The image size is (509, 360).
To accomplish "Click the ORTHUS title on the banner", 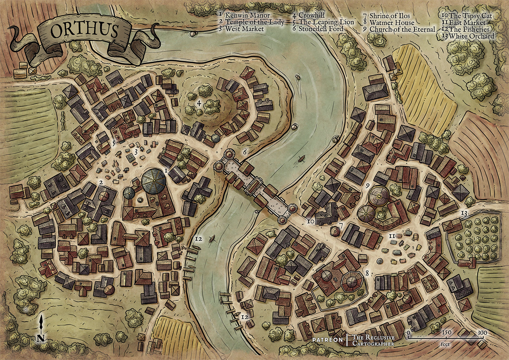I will coord(84,31).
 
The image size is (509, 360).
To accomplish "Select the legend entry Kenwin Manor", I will coord(247,15).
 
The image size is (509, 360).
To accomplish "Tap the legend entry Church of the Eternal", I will coord(402,30).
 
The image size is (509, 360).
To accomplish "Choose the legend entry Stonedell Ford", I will coord(321,29).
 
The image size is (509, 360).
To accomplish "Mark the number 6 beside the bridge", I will coord(245,152).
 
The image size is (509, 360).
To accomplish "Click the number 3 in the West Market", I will coord(136,152).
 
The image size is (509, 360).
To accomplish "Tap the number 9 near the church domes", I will coord(368,185).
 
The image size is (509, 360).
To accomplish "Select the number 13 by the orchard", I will coord(464,213).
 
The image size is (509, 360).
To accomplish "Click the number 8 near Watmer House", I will coord(367,273).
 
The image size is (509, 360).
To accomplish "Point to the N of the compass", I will coord(41,338).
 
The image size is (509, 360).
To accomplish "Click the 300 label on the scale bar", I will coord(482,333).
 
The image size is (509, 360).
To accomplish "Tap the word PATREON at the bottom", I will coord(327,340).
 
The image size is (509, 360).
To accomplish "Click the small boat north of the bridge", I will coord(301,159).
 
